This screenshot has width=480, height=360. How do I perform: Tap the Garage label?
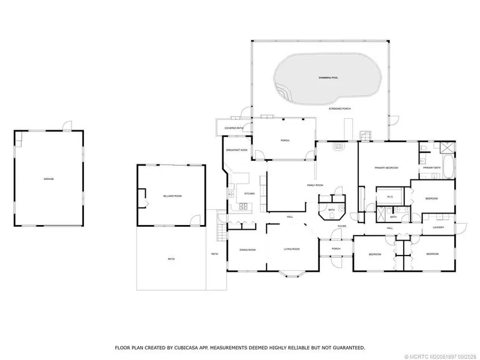click(49, 179)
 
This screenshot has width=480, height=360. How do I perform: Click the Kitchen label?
click(250, 193)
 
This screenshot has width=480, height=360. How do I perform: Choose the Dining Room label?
click(248, 249)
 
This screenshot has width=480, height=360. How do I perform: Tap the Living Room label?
click(292, 249)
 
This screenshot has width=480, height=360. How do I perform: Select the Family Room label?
click(316, 185)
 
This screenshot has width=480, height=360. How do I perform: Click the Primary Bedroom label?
click(386, 168)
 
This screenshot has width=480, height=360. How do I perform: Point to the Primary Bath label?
click(432, 168)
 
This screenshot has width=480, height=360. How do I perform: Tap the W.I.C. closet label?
click(389, 196)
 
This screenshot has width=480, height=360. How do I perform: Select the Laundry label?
click(437, 227)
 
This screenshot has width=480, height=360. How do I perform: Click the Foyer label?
click(341, 226)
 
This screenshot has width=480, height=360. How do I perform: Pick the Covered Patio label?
click(233, 128)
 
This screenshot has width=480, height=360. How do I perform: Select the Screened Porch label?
click(340, 109)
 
